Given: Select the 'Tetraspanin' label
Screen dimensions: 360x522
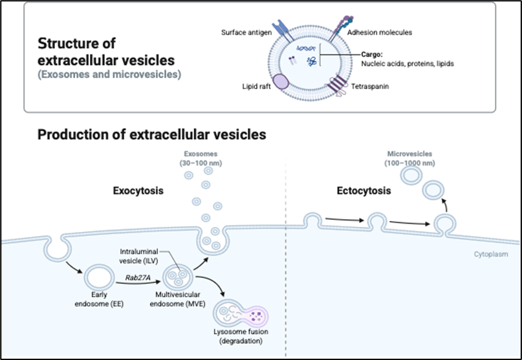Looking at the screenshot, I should tap(370, 85).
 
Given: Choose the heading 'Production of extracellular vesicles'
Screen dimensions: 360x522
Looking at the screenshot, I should tap(152, 135).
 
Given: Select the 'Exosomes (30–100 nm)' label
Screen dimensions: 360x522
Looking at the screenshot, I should tap(201, 158).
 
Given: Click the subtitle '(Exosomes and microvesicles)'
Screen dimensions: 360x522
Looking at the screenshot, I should tap(109, 75).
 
